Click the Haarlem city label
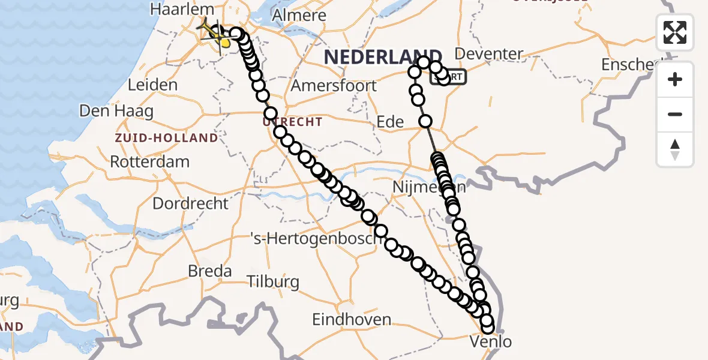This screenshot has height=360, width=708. click(x=182, y=10)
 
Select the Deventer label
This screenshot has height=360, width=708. click(x=489, y=54)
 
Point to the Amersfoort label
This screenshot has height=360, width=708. click(x=334, y=85)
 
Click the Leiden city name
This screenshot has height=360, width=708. click(x=152, y=85)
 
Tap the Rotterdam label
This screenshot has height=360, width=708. click(x=149, y=162)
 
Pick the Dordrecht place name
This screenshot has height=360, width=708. click(x=190, y=203)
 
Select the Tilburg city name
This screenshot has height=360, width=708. click(x=273, y=281)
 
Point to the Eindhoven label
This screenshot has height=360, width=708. click(x=352, y=319)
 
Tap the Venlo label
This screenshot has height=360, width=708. click(x=491, y=342)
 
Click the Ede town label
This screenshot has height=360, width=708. click(x=390, y=122)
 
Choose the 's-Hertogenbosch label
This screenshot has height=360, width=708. click(x=316, y=239)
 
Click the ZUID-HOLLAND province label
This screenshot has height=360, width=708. click(x=167, y=138)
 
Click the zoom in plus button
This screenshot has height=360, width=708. click(x=675, y=79)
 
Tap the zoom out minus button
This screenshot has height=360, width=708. click(x=675, y=114)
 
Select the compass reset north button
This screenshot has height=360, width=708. click(x=675, y=149)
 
